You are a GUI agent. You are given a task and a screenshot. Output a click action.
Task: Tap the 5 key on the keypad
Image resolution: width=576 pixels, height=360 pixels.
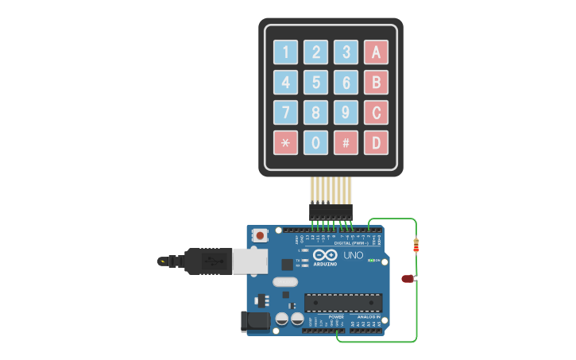315,82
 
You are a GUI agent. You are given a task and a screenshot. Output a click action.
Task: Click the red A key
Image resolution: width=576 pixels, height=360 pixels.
376,52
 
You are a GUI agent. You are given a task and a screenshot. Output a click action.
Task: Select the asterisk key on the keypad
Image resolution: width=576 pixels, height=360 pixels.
285,143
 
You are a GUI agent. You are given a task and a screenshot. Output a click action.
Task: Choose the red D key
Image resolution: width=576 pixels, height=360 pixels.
376,143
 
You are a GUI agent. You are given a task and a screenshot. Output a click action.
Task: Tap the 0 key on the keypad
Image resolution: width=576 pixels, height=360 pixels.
315,143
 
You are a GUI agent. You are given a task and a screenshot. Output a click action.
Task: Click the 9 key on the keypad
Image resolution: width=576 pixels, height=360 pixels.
346,112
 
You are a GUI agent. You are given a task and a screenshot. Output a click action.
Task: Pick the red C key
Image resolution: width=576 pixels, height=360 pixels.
376,112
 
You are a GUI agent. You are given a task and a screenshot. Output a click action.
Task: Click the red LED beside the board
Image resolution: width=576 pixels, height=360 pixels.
408,278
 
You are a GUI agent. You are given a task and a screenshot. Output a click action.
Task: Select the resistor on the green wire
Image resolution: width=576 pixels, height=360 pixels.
416,246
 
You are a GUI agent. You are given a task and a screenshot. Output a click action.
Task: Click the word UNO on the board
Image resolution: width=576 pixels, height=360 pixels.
353,256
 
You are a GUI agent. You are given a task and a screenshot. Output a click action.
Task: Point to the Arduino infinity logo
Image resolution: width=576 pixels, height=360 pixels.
325,256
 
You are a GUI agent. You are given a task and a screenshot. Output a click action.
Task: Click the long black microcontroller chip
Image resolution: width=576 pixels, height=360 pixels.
343,303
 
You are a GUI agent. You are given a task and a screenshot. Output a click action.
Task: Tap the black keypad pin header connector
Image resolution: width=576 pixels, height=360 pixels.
331,211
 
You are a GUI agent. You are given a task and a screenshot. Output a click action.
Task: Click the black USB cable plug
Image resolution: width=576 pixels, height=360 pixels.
207,261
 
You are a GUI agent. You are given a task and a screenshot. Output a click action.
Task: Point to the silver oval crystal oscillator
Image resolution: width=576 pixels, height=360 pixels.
284,281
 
